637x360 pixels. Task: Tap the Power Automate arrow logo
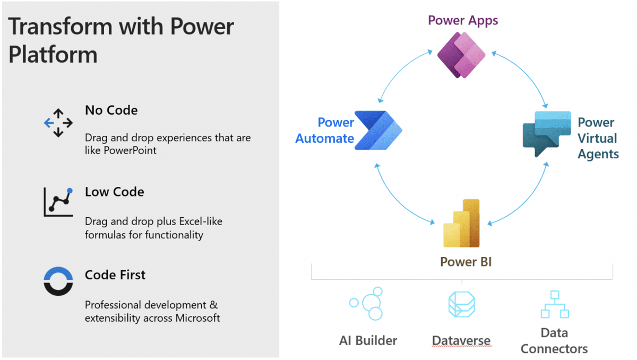pyautogui.click(x=378, y=130)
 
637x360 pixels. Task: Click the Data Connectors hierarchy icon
pyautogui.click(x=554, y=304)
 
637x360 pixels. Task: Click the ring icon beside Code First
pyautogui.click(x=58, y=281)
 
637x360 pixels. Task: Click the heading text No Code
pyautogui.click(x=111, y=110)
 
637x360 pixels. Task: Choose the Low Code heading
pyautogui.click(x=114, y=192)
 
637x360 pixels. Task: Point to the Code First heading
pyautogui.click(x=115, y=275)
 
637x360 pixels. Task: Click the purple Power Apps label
pyautogui.click(x=463, y=21)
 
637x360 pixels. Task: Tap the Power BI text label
pyautogui.click(x=466, y=262)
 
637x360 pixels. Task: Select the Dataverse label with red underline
pyautogui.click(x=461, y=340)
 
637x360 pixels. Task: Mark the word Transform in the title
pyautogui.click(x=58, y=27)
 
